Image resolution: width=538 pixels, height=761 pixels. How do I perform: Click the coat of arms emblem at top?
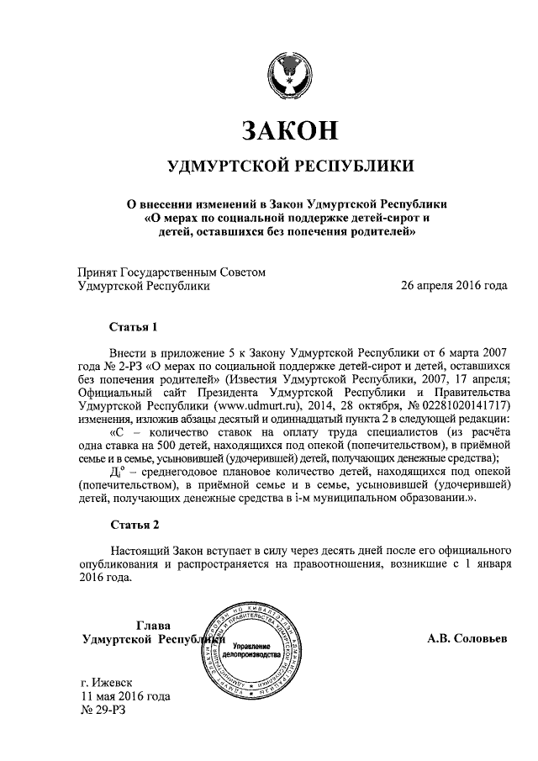tap(289, 75)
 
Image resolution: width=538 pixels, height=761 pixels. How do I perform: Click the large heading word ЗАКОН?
tap(290, 130)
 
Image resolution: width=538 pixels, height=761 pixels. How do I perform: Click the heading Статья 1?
tap(134, 325)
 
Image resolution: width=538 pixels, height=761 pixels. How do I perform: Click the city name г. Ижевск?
tap(106, 682)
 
